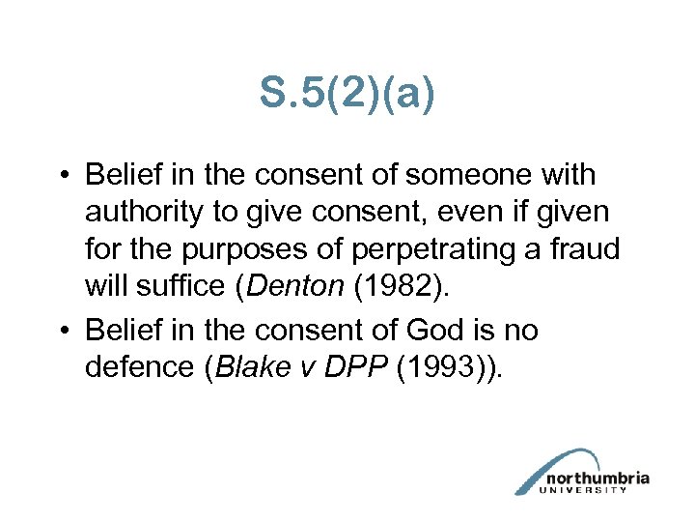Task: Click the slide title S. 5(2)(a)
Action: click(x=347, y=94)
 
